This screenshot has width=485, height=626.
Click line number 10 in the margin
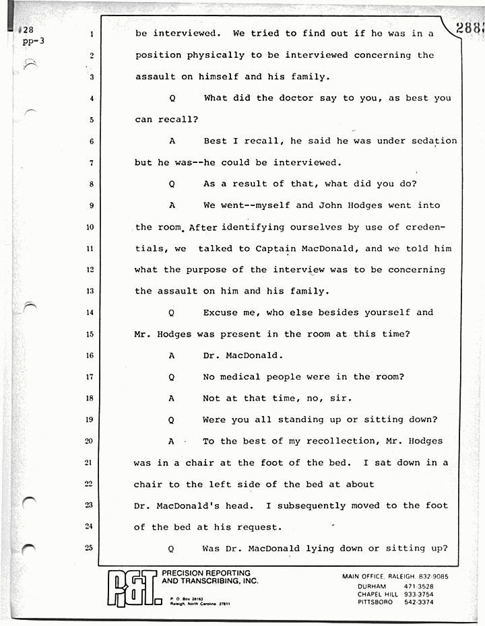[x=90, y=227]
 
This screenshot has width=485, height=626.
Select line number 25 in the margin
[x=90, y=548]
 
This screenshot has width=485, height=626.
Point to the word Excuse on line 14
[x=220, y=312]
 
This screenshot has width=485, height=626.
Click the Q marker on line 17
[x=172, y=377]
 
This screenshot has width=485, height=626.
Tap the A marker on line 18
[x=172, y=398]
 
